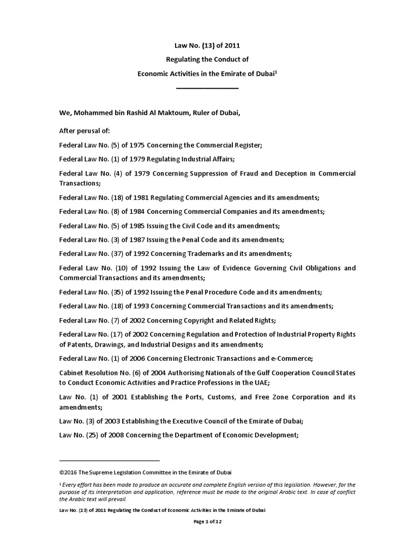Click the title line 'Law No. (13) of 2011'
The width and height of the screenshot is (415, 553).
207,45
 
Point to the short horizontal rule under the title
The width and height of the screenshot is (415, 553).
207,87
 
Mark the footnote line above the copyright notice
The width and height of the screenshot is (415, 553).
109,460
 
